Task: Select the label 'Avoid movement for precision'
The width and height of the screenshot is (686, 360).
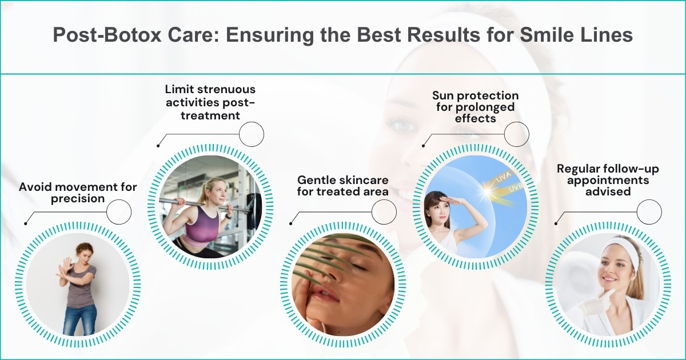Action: tap(78, 193)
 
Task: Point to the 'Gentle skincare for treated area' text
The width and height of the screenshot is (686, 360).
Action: tap(343, 185)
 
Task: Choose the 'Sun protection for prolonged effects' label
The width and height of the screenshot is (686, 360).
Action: tap(475, 107)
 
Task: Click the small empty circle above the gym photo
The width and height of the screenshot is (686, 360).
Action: tap(251, 135)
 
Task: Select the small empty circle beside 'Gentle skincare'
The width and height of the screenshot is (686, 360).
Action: tap(384, 213)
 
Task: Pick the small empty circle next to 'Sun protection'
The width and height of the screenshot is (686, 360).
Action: tap(516, 135)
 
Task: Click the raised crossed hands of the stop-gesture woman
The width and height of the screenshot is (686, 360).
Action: tap(65, 268)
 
